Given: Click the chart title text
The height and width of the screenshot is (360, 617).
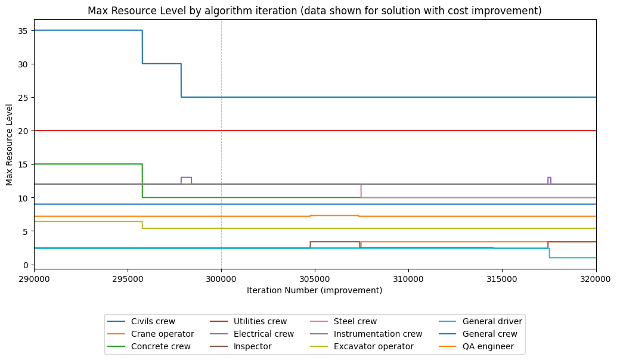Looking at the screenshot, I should coord(314,11).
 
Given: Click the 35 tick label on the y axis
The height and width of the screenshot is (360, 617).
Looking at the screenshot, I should coord(24,30).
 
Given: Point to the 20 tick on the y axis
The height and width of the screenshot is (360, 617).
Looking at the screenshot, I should coord(24,131).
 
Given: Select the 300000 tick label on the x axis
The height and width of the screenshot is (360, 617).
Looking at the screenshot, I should coord(221,278).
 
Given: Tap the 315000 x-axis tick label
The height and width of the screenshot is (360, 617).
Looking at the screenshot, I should coord(502,278).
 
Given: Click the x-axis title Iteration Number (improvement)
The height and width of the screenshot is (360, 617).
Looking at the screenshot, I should coord(314,291).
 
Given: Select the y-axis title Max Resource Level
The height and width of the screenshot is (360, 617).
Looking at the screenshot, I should coord(10,144).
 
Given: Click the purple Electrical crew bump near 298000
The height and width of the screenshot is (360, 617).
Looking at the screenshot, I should coord(186,177).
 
